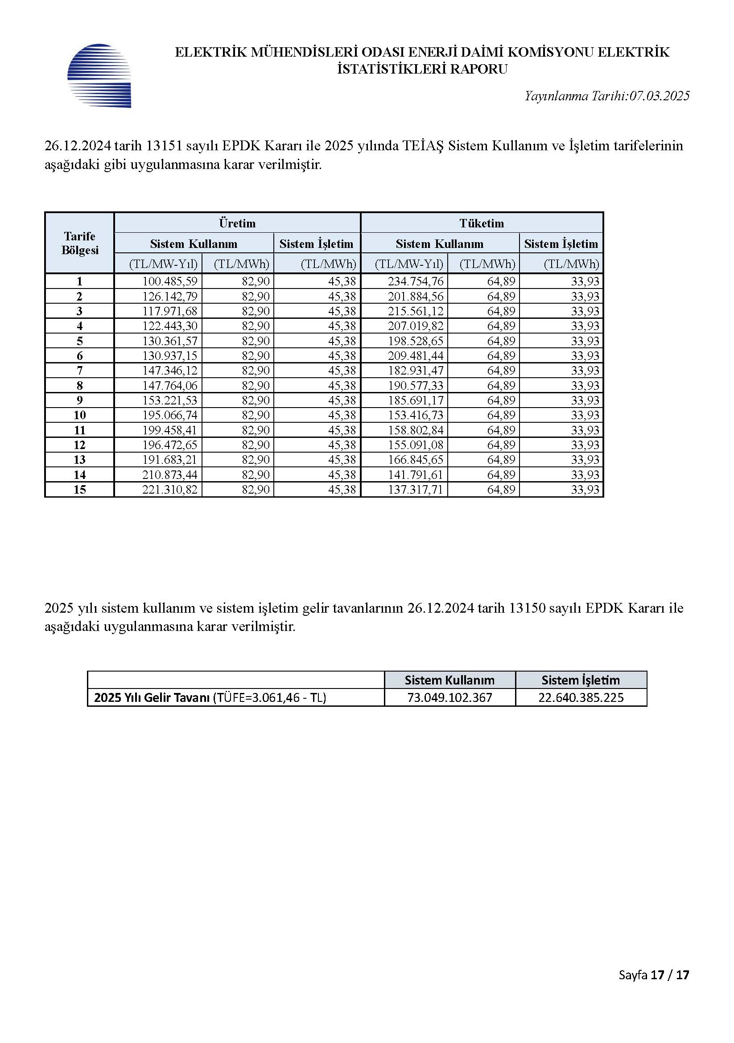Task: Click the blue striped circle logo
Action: [99, 75]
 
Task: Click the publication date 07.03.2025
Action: [659, 96]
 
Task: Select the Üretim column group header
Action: [237, 223]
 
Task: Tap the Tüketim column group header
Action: [482, 223]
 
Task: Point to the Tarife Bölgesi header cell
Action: [79, 243]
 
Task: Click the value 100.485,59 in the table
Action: [170, 281]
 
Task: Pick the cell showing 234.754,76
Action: [415, 281]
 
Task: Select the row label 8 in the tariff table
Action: [79, 386]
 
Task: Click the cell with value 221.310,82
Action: [170, 490]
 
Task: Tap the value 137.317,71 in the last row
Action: [415, 490]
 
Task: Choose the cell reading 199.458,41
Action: [170, 430]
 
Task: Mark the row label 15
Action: [79, 490]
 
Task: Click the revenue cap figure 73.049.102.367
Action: [449, 697]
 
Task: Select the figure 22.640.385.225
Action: [581, 697]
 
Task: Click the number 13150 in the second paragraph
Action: [527, 608]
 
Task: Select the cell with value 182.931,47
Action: [415, 371]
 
